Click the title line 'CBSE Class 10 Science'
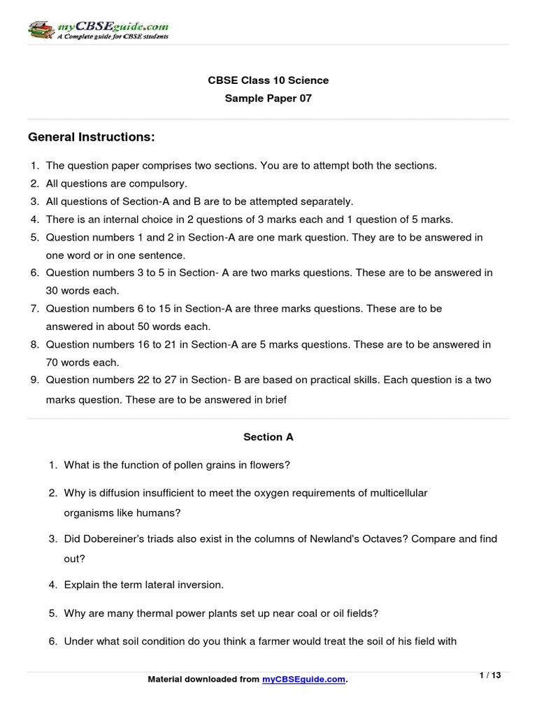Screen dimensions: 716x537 268,80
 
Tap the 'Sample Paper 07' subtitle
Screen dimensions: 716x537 268,99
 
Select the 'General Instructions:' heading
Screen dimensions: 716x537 91,138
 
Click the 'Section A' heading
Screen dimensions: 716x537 268,437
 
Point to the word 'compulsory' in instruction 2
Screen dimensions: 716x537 160,184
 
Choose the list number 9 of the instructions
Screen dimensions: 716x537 34,380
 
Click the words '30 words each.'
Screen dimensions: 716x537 83,290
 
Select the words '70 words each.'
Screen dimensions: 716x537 83,362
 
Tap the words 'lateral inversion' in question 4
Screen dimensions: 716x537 185,585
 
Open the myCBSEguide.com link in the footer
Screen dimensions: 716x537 304,680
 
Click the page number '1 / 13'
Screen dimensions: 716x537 490,675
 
